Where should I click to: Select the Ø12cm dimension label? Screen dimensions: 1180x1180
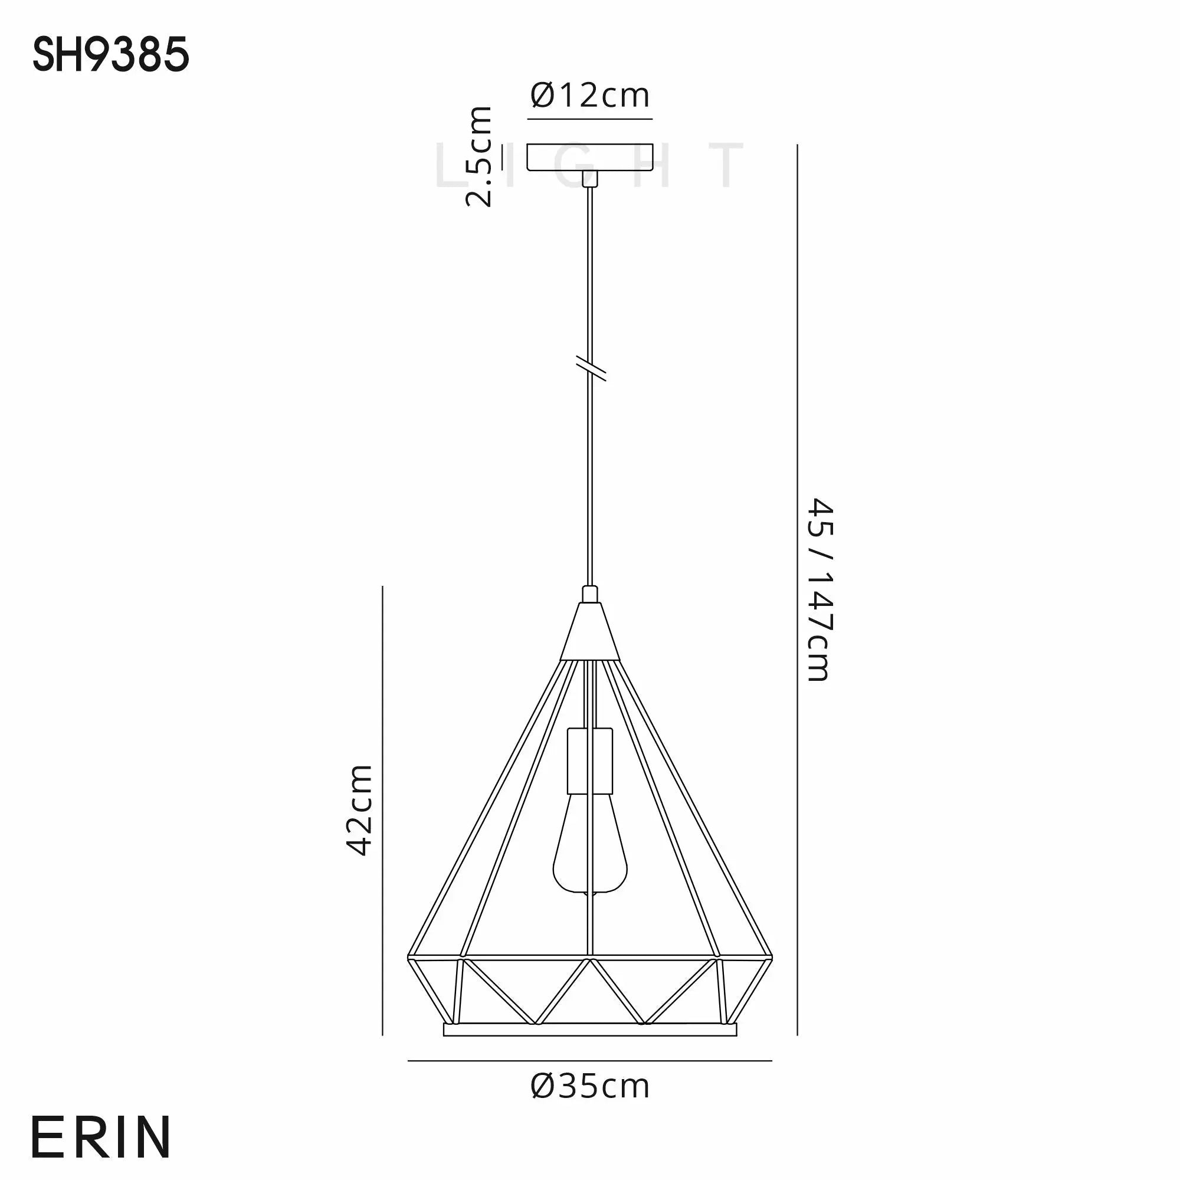coord(590,96)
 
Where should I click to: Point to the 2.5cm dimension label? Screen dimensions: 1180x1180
coord(479,156)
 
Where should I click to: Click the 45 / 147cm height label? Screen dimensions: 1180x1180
coord(820,589)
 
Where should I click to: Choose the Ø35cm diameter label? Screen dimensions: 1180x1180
coord(590,1086)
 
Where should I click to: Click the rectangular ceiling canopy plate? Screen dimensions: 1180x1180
coord(590,157)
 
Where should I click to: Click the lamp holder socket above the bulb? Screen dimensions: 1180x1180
coord(589,761)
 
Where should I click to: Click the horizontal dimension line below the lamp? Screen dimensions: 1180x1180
coord(590,1061)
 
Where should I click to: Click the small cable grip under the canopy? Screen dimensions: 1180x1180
coord(590,178)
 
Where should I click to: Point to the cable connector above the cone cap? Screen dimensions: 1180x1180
coord(590,594)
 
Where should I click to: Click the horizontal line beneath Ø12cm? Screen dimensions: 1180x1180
coord(590,119)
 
